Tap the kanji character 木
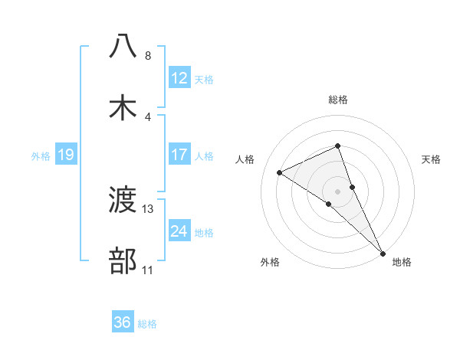tap(123, 108)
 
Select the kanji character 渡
tap(123, 201)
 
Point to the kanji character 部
tap(123, 262)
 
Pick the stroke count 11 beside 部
tap(148, 270)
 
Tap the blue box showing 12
tap(179, 78)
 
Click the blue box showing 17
tap(179, 155)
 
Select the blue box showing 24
tap(179, 231)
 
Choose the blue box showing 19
tap(66, 155)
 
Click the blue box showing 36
tap(123, 322)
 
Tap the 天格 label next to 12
tap(204, 79)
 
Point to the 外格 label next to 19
tap(41, 156)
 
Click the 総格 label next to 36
tap(147, 324)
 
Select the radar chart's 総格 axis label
tap(337, 100)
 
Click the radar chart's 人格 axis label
tap(246, 159)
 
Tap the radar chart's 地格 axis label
tap(402, 263)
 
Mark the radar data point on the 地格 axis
tap(382, 252)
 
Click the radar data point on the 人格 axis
tap(280, 173)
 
